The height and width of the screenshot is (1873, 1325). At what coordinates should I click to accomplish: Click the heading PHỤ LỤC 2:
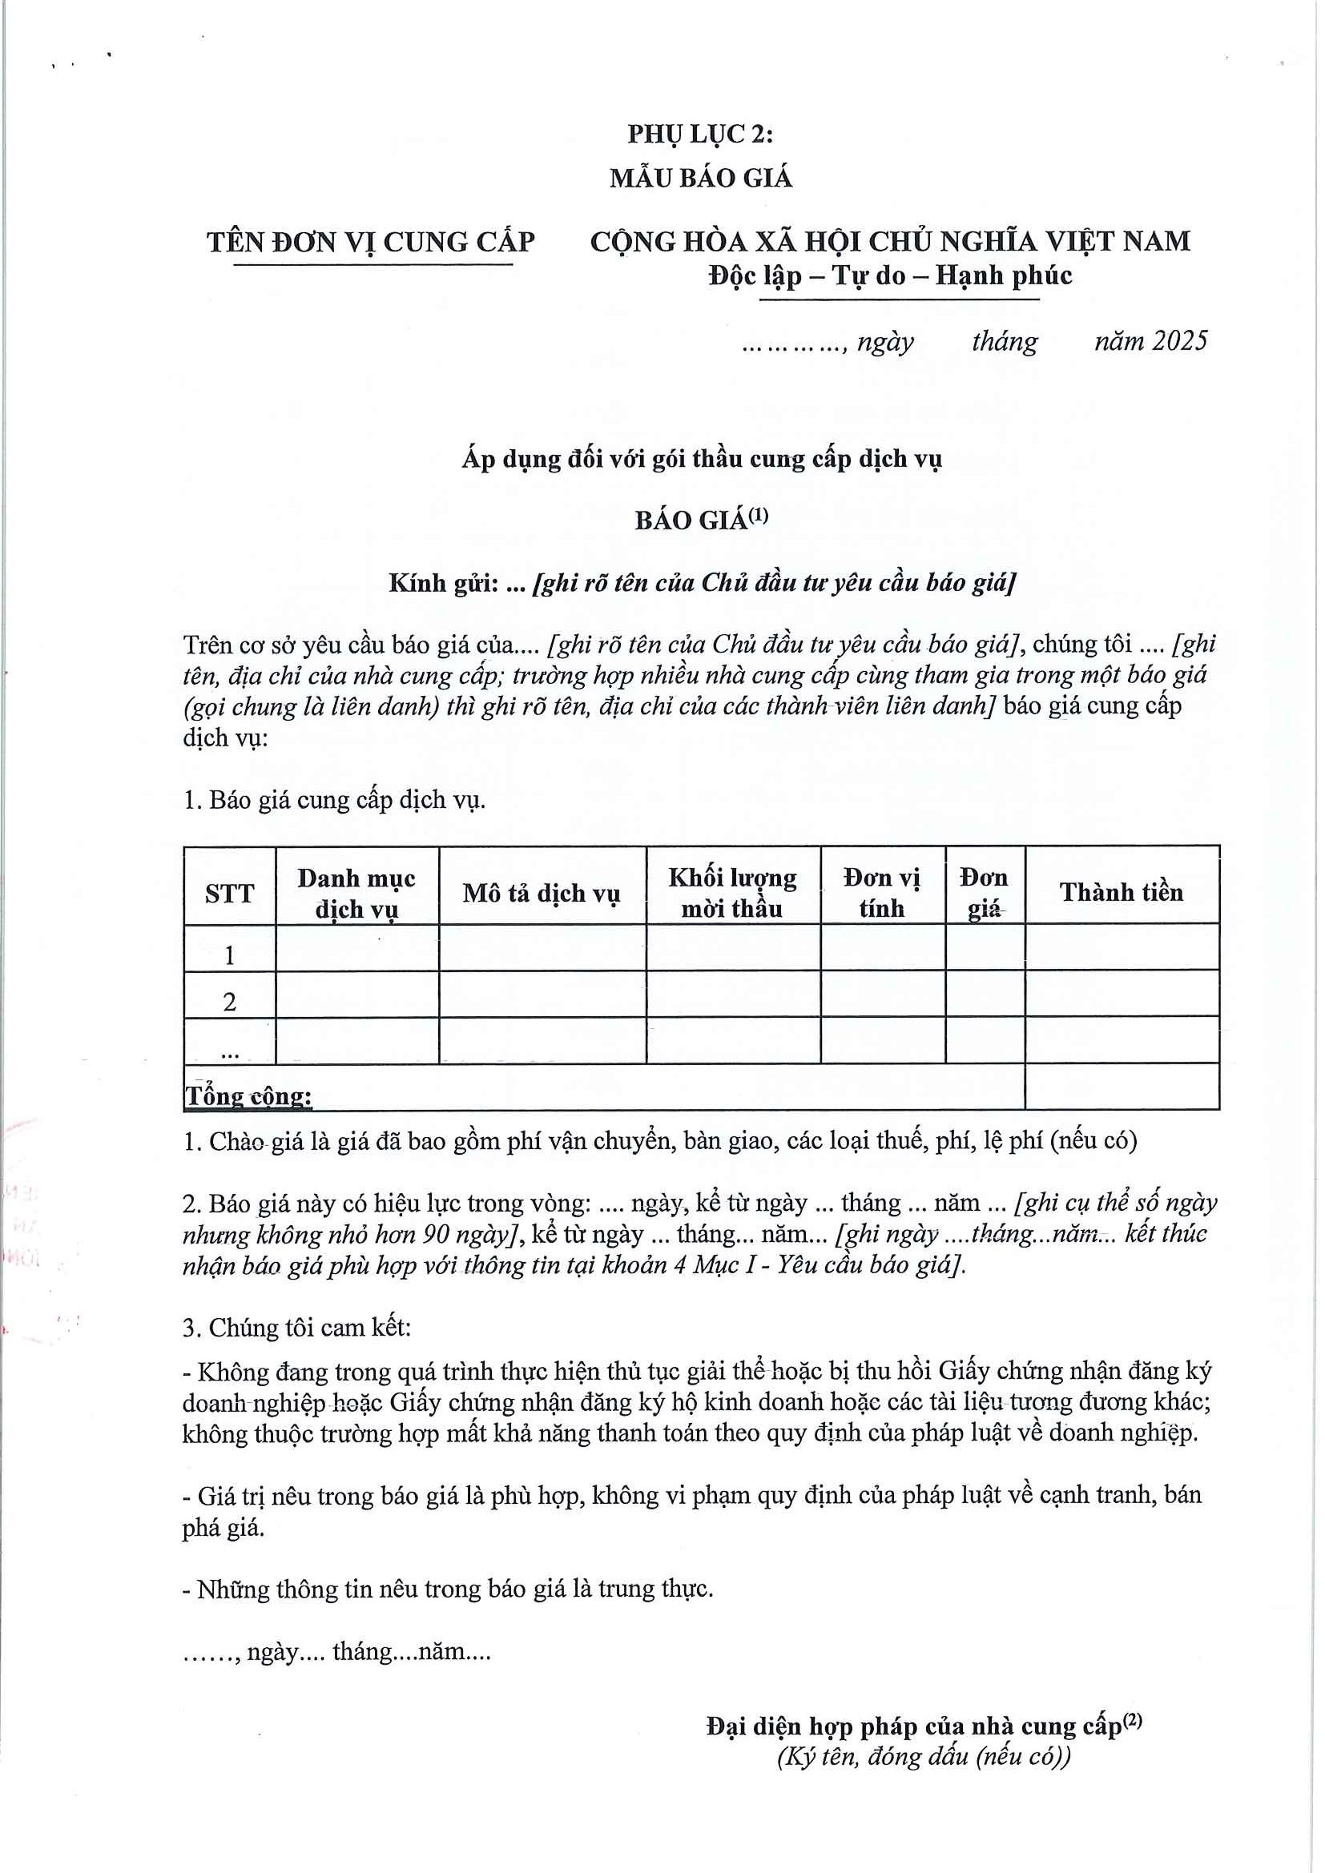(700, 134)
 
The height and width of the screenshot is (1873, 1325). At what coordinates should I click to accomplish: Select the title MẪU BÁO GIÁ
(701, 178)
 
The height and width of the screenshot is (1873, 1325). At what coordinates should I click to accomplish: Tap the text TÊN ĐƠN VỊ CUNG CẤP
(370, 243)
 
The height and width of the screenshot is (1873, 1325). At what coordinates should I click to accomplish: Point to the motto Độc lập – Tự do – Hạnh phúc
(889, 275)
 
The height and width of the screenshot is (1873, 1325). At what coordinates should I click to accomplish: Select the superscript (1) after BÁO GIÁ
(759, 515)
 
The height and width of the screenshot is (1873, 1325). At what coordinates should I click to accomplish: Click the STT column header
(229, 894)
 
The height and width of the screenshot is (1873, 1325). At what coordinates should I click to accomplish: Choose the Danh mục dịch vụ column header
(356, 894)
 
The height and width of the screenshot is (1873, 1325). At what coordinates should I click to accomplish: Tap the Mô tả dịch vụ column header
(542, 894)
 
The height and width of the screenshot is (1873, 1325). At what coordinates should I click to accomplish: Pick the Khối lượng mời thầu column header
(733, 894)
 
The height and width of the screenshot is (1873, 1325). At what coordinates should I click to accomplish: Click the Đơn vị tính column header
(882, 894)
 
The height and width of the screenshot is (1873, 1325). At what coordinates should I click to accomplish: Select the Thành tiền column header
(1121, 891)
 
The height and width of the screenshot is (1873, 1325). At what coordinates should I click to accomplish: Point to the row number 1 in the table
(229, 955)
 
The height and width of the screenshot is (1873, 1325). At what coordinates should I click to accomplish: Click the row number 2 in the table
(229, 1001)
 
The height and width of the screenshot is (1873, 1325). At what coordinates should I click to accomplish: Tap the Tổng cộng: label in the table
(249, 1096)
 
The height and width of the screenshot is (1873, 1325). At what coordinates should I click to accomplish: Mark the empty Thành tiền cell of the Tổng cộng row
(1122, 1087)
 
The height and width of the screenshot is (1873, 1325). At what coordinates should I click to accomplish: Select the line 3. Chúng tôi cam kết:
(297, 1327)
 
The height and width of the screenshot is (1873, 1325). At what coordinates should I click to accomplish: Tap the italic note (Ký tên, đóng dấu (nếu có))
(924, 1756)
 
